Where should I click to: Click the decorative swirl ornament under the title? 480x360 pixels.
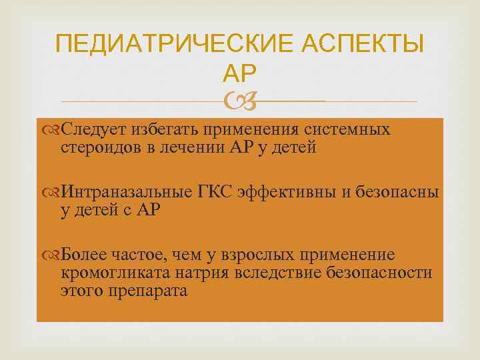point(239,101)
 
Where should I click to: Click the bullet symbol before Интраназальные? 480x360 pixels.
point(53,193)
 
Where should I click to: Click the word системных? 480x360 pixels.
point(346,129)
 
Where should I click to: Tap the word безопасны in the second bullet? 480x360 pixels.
point(399,193)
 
